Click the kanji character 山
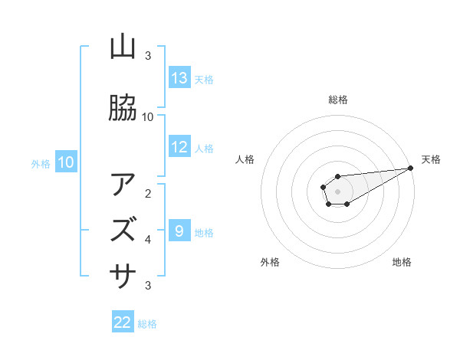coord(123,48)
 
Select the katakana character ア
coord(123,185)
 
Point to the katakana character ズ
coord(123,229)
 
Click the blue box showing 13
coord(179,78)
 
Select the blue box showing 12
coord(179,147)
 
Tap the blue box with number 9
coord(179,231)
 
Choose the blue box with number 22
coord(123,322)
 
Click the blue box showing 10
coord(66,162)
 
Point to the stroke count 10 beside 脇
coord(148,116)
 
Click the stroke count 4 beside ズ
coord(148,240)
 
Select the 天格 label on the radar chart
coord(431,159)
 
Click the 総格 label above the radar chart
coord(337,100)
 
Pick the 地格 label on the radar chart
coord(402,262)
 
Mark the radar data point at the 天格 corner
coord(410,169)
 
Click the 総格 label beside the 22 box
coord(147,324)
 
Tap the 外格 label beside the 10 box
coord(40,163)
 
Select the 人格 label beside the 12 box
coord(203,149)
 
